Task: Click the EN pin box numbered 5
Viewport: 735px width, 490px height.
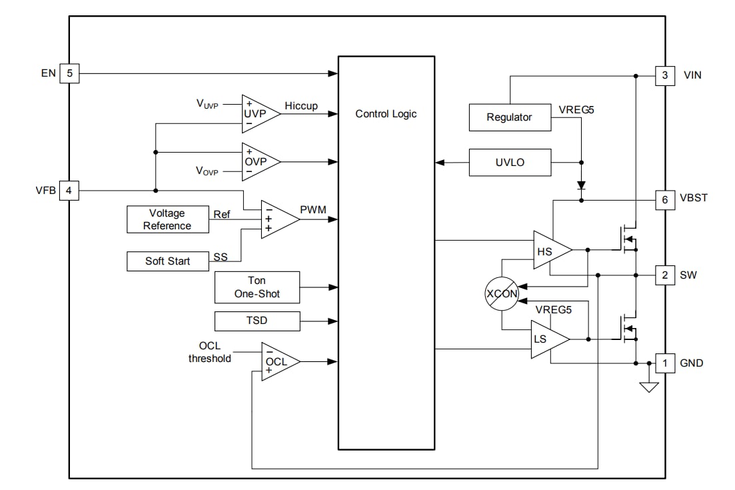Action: [69, 73]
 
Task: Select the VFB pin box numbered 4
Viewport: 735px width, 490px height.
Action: [69, 191]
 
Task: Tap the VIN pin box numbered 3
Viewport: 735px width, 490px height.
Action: [664, 75]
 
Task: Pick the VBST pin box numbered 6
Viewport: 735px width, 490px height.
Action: [664, 199]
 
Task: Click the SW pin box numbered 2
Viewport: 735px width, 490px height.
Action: [664, 275]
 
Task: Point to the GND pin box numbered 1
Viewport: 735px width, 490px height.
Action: [664, 363]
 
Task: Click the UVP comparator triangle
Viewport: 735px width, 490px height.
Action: [258, 113]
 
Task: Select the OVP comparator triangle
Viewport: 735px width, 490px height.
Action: [258, 161]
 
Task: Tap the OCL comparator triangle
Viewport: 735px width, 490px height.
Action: [277, 361]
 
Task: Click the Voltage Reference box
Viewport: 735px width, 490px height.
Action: [167, 219]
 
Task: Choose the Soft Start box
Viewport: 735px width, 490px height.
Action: [167, 261]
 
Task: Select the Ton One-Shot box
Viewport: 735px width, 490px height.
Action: [257, 287]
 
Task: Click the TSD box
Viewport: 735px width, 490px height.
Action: [257, 321]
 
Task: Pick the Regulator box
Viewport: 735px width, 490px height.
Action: [510, 117]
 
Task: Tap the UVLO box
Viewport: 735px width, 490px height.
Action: [510, 162]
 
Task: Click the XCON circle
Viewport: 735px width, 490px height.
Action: [501, 293]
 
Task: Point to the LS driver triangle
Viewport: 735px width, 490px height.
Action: [546, 339]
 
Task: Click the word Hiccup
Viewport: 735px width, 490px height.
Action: [301, 106]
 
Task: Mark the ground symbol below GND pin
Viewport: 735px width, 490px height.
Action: [648, 387]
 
